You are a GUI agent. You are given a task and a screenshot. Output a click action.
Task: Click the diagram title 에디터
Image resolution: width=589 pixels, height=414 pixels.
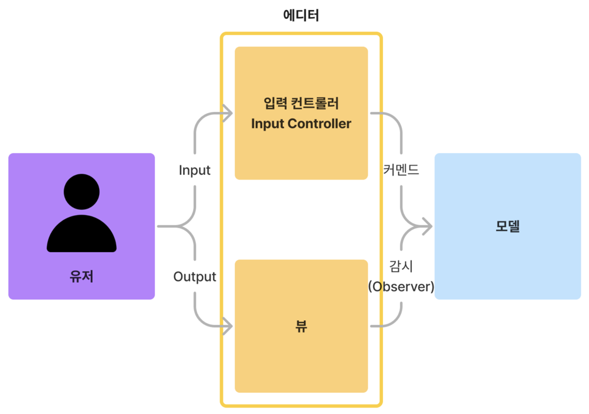pyautogui.click(x=301, y=16)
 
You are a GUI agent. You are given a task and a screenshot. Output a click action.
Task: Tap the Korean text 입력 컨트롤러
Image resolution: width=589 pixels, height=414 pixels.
pyautogui.click(x=301, y=104)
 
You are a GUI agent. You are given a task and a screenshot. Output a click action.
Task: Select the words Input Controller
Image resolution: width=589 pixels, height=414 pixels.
pyautogui.click(x=301, y=124)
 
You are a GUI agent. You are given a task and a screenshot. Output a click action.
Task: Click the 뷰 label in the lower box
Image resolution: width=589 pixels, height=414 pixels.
pyautogui.click(x=301, y=327)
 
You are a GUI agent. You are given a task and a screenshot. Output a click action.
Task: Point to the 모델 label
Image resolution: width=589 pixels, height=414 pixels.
pyautogui.click(x=507, y=226)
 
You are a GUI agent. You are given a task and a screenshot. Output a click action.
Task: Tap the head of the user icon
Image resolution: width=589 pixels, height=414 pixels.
pyautogui.click(x=82, y=191)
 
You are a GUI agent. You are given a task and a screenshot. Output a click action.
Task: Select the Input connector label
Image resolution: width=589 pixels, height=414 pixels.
pyautogui.click(x=195, y=171)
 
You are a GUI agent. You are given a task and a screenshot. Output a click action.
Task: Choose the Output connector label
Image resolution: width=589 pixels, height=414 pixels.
pyautogui.click(x=195, y=276)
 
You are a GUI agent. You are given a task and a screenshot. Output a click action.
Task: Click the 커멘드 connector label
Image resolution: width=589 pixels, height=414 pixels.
pyautogui.click(x=401, y=171)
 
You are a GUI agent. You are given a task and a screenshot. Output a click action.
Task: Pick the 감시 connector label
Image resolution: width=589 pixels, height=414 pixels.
pyautogui.click(x=401, y=266)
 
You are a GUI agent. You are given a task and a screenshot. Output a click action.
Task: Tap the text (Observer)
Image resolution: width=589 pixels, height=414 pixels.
pyautogui.click(x=401, y=287)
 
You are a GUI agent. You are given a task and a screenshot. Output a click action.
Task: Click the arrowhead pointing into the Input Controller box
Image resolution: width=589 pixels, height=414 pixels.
pyautogui.click(x=228, y=113)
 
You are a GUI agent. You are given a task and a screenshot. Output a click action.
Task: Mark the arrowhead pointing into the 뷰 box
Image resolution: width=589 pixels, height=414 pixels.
pyautogui.click(x=228, y=327)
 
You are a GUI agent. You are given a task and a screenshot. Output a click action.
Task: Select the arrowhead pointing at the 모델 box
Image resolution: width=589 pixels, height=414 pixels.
pyautogui.click(x=426, y=226)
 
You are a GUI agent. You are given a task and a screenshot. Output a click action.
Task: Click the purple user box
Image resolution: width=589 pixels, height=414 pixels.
pyautogui.click(x=35, y=176)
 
